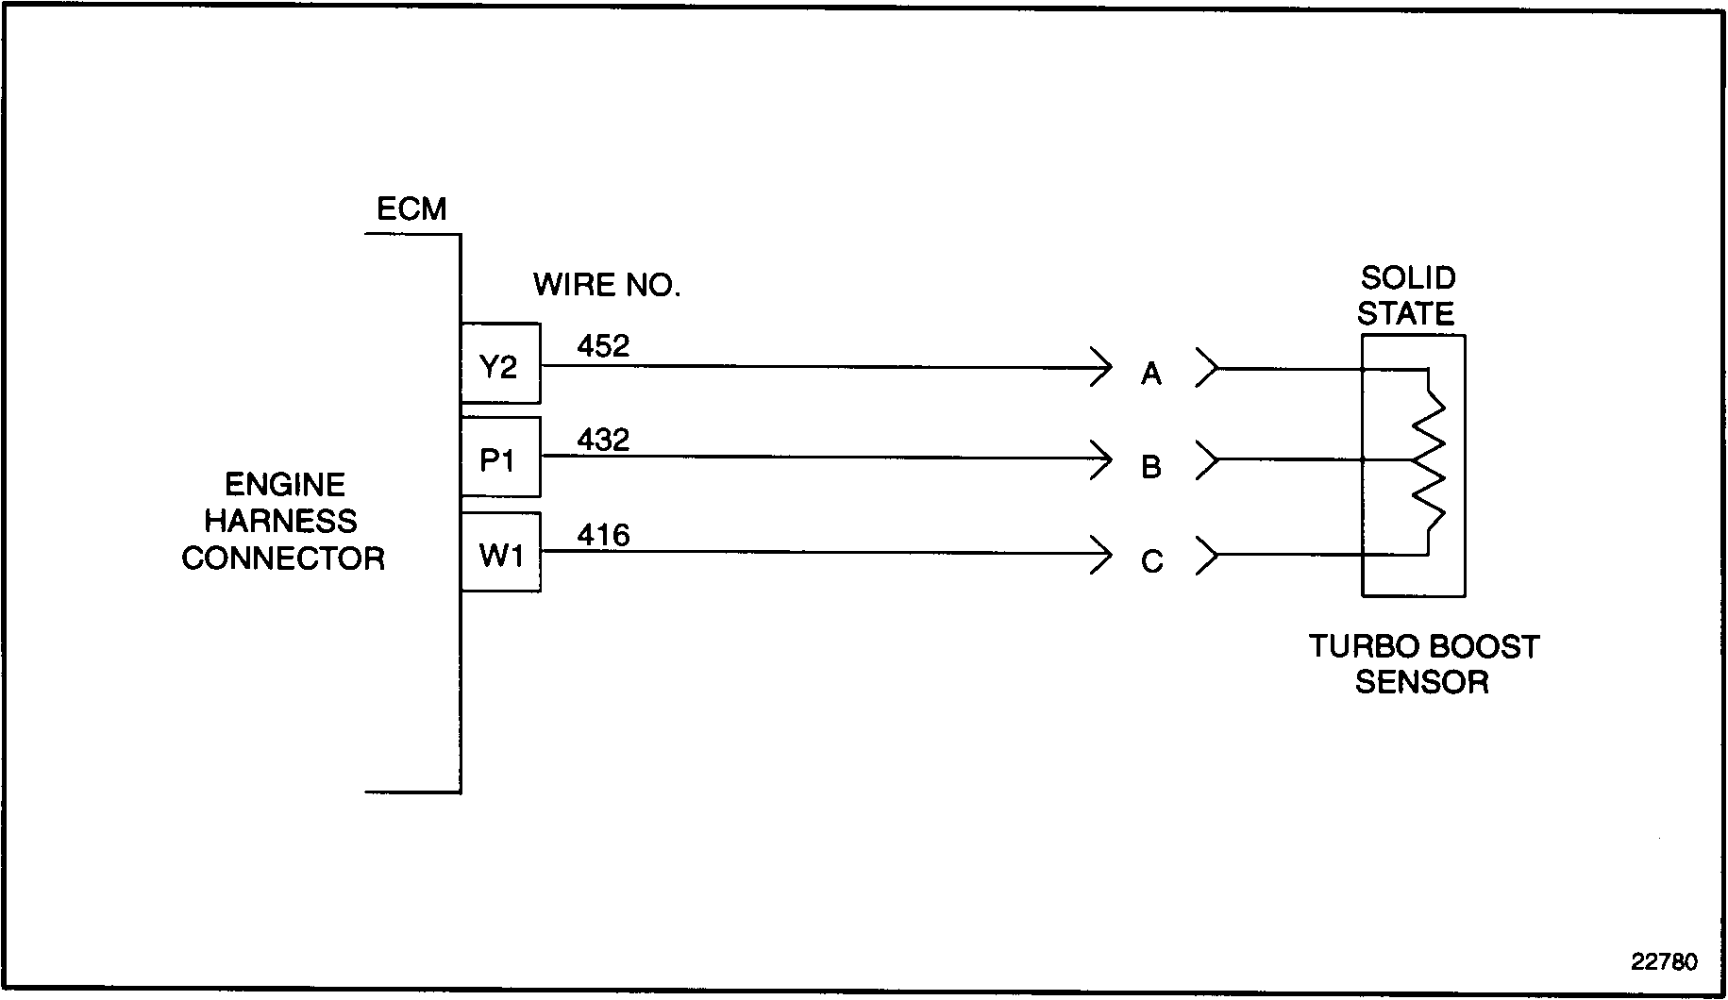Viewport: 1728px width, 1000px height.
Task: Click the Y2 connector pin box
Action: point(500,364)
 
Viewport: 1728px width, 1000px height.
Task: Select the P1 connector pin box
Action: point(500,458)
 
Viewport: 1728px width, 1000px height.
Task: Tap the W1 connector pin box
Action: point(500,553)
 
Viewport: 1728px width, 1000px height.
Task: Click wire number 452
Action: point(603,346)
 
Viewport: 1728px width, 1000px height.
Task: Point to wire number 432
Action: point(603,440)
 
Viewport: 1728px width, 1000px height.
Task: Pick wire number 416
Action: point(603,536)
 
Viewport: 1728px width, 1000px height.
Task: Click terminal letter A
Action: point(1150,375)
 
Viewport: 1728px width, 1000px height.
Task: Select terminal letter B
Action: point(1150,467)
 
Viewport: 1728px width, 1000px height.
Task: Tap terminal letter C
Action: point(1151,562)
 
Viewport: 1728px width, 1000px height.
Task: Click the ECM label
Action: point(411,208)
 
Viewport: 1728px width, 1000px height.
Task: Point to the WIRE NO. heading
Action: point(607,284)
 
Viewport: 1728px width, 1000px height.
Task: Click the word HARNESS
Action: point(281,521)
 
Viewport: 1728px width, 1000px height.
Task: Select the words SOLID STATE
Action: point(1407,295)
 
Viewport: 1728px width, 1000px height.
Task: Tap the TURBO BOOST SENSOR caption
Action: point(1422,664)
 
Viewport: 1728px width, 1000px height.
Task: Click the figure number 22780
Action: point(1664,962)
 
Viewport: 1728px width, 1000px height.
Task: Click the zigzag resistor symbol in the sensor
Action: point(1429,460)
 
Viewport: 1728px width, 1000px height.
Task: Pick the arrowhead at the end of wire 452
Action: point(1102,366)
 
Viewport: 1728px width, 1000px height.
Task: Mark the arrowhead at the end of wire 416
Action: point(1102,554)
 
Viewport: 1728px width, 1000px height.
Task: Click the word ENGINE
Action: point(284,485)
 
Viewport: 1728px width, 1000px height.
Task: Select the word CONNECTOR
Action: point(283,558)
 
